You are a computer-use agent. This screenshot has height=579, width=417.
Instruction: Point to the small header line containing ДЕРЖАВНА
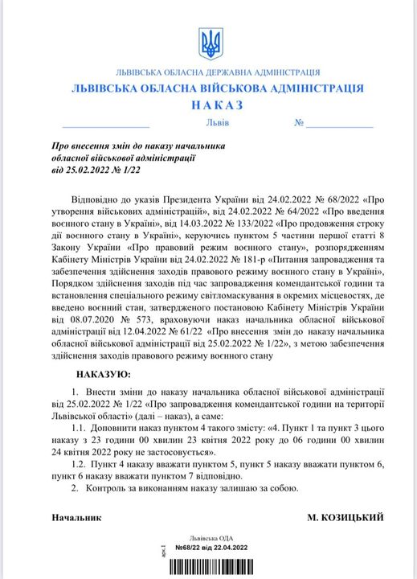[x=208, y=71]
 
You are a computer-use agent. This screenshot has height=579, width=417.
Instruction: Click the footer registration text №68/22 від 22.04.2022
[x=207, y=546]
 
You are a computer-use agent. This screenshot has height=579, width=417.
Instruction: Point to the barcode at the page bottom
[x=207, y=565]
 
